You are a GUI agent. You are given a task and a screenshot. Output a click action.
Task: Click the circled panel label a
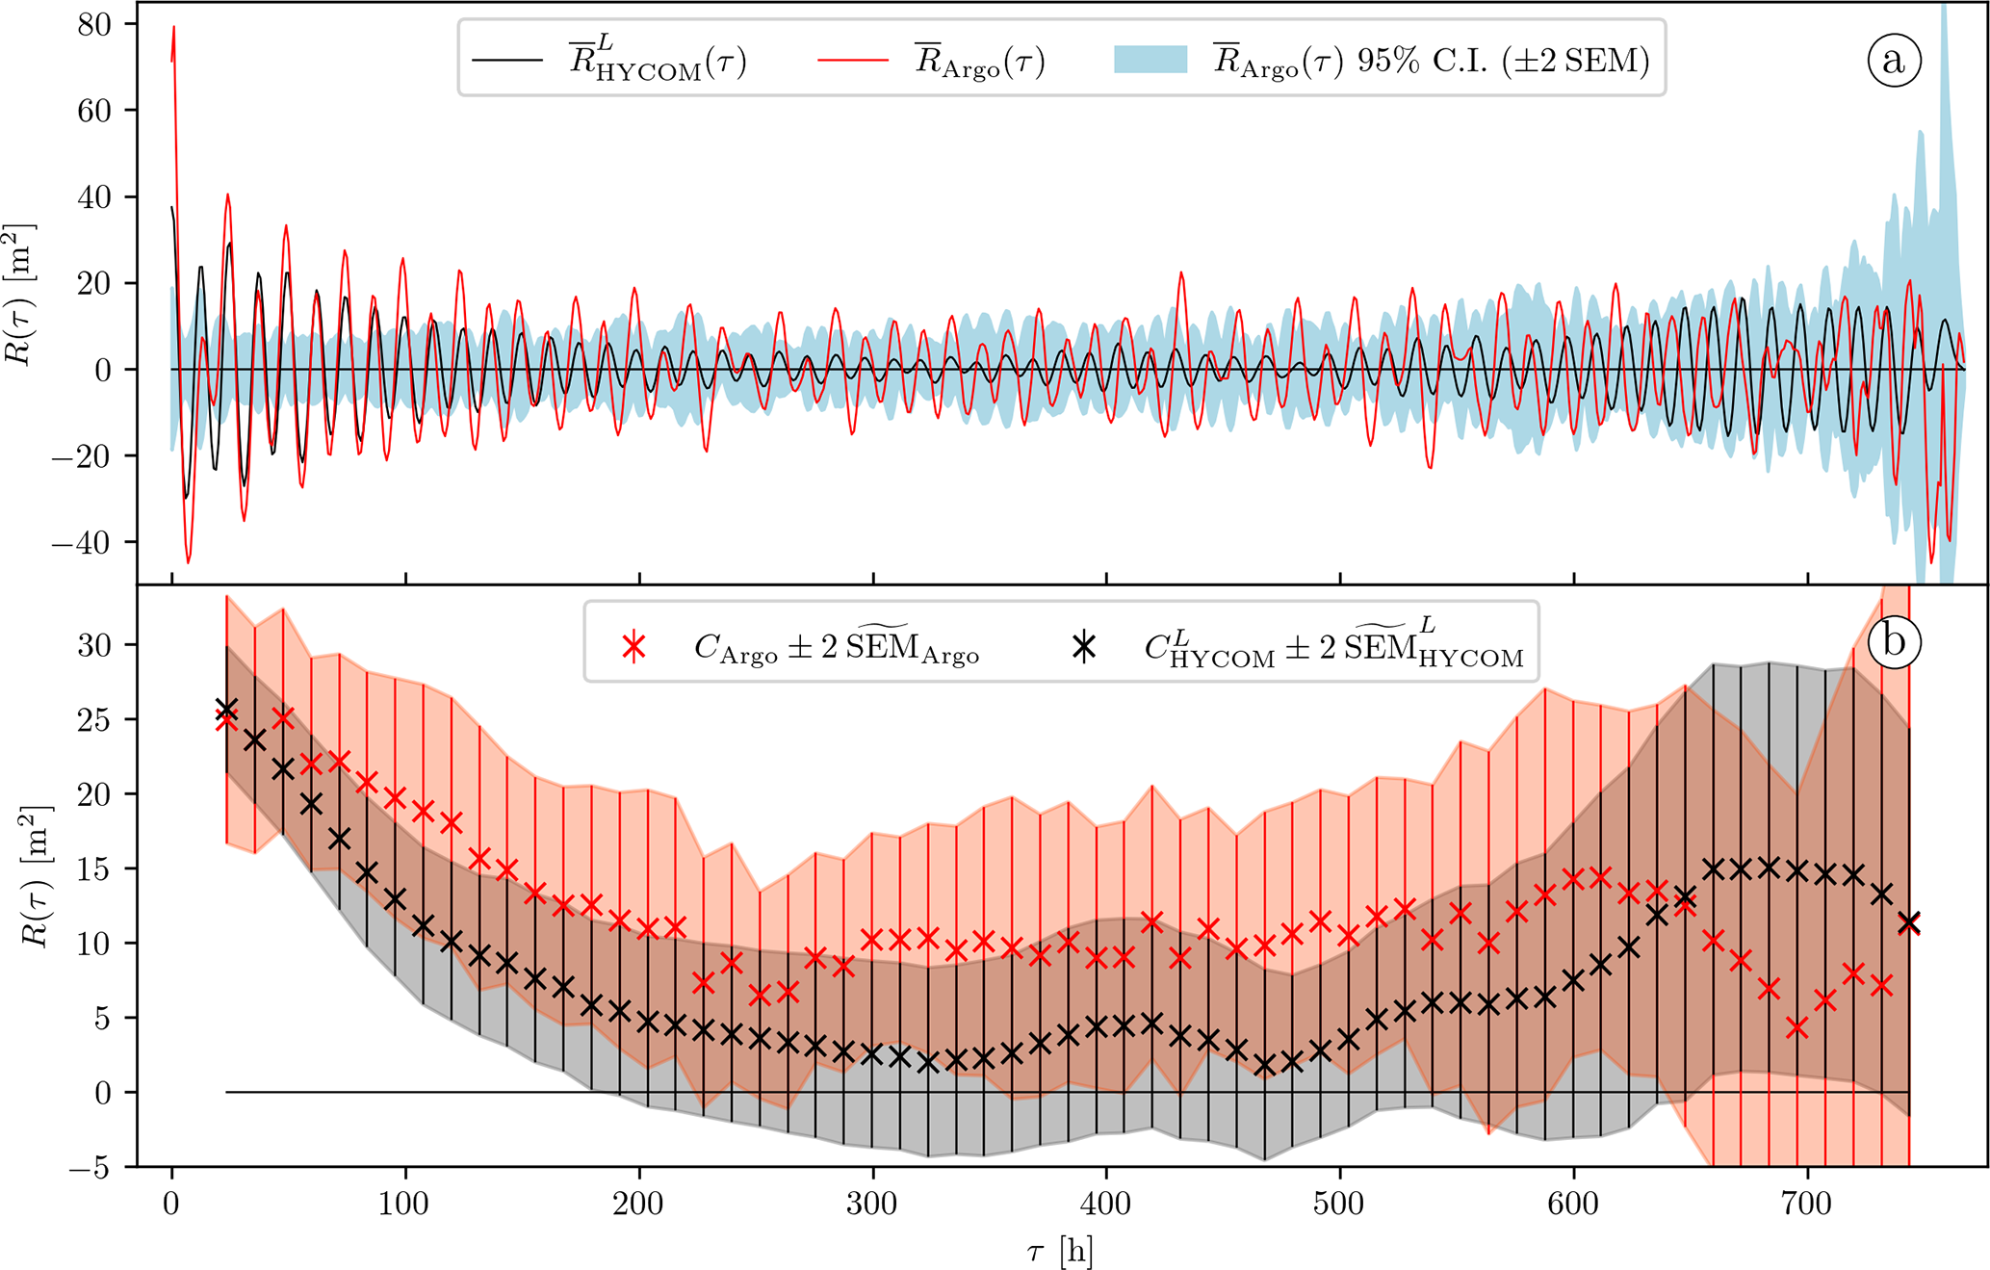pos(1893,61)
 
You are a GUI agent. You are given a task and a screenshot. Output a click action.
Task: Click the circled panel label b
pos(1893,642)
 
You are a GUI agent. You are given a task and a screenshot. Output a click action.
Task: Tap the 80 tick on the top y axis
pos(93,24)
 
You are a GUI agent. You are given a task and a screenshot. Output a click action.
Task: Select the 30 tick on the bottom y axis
pos(93,644)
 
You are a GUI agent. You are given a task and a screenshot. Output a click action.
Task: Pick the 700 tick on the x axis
pos(1807,1203)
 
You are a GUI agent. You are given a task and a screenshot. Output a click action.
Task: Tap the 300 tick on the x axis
pos(873,1203)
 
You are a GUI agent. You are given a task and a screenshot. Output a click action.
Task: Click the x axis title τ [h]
pos(1059,1251)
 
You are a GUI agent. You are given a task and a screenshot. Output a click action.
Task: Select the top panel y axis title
pos(21,294)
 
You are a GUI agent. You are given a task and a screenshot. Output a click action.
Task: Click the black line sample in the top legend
pos(506,60)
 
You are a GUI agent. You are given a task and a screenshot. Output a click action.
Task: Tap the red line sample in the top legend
pos(852,60)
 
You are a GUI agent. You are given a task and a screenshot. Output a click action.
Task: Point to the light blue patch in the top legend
pos(1150,60)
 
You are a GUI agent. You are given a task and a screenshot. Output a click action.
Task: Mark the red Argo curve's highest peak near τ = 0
pos(174,27)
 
